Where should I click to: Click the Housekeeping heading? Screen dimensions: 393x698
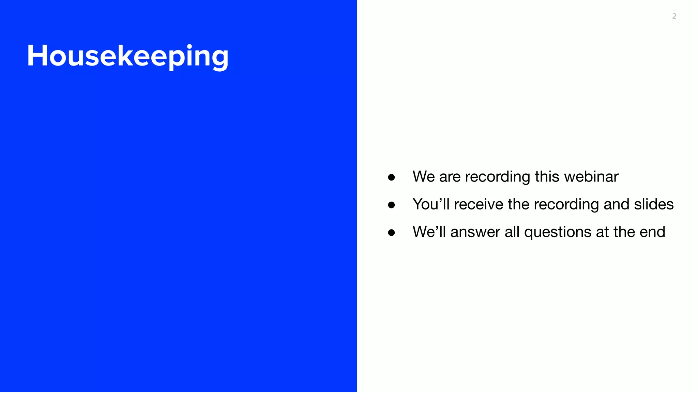pyautogui.click(x=127, y=56)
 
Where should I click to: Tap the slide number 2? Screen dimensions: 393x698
pyautogui.click(x=674, y=16)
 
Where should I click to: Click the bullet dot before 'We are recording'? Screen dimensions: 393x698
pyautogui.click(x=391, y=177)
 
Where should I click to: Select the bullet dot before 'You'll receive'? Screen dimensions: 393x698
pyautogui.click(x=391, y=205)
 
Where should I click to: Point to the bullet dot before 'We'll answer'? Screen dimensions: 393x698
pyautogui.click(x=391, y=233)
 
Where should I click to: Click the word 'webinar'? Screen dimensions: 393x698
pyautogui.click(x=591, y=177)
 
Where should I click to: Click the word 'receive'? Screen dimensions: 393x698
pyautogui.click(x=479, y=204)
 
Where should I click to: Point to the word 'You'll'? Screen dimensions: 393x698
pyautogui.click(x=431, y=204)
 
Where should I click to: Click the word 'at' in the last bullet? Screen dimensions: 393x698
pyautogui.click(x=602, y=232)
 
